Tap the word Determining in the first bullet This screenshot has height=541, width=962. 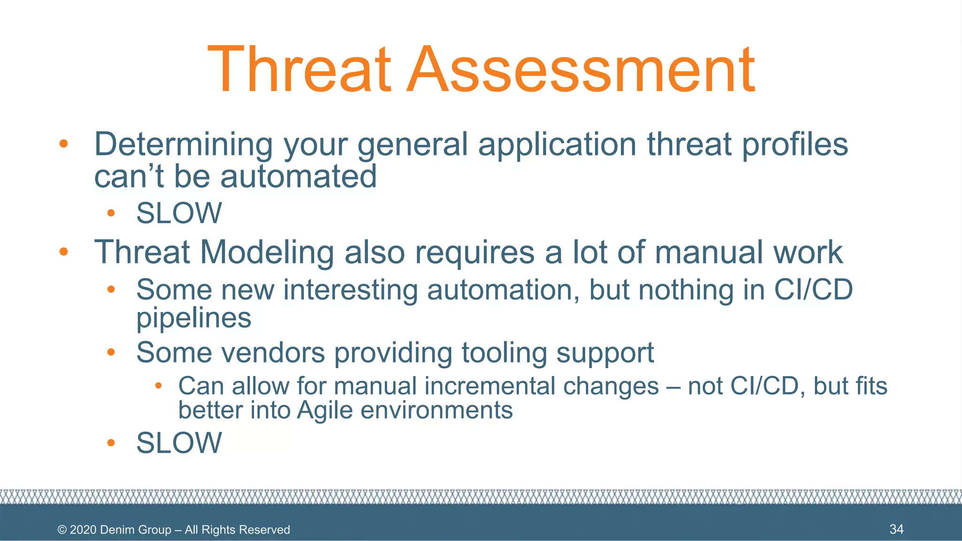183,144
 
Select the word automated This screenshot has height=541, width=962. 298,177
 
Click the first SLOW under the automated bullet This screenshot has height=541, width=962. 179,213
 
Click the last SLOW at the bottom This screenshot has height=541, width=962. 179,443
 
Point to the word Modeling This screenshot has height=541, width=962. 267,253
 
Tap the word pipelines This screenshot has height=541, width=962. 194,318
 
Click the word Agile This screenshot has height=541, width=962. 325,410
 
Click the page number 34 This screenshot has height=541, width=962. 896,529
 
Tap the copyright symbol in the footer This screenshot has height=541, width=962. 62,530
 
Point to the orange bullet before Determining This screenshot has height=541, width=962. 63,144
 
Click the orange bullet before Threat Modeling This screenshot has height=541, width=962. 63,252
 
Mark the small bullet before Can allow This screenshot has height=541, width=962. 159,386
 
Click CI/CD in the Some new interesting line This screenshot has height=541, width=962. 813,290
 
